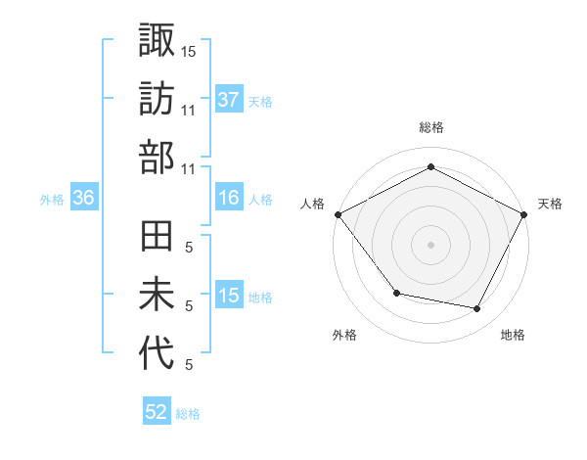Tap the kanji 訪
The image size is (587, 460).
(157, 99)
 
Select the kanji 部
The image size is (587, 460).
(157, 158)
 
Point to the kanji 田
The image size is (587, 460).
(157, 238)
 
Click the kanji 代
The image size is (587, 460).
(157, 354)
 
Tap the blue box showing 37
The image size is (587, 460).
(229, 100)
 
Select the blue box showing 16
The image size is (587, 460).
(229, 198)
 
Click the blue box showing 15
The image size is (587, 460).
(229, 296)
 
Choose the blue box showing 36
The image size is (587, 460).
(84, 198)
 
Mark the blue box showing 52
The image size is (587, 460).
(157, 413)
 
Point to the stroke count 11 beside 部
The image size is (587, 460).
(189, 168)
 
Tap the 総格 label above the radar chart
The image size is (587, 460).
(431, 127)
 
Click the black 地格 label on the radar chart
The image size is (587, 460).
(513, 335)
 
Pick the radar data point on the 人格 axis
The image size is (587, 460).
(338, 213)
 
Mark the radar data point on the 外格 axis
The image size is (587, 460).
(396, 293)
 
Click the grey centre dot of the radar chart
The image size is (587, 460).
(431, 244)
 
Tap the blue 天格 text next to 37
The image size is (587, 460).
(260, 101)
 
